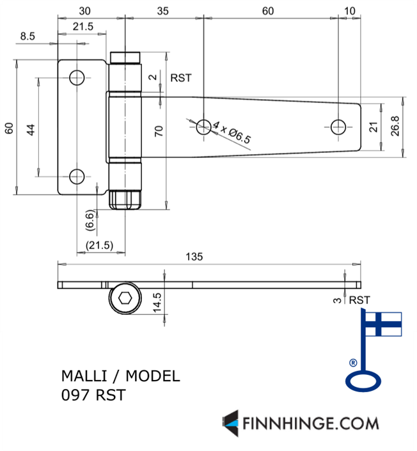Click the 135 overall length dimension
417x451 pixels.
(x=194, y=257)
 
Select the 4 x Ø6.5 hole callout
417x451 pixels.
(x=232, y=133)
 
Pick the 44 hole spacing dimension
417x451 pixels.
(x=30, y=129)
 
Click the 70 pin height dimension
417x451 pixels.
(x=159, y=131)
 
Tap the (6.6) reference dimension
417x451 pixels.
(x=90, y=221)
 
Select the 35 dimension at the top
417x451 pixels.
(x=162, y=11)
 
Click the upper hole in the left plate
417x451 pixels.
(x=77, y=79)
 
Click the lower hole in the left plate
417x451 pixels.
(x=77, y=176)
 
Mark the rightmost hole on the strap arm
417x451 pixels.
(x=339, y=126)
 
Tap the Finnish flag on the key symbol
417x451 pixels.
(x=384, y=324)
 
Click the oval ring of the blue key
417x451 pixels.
(x=363, y=382)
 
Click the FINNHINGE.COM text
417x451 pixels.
(x=310, y=423)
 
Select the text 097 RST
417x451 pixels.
(x=93, y=395)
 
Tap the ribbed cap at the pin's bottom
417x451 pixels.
(x=125, y=199)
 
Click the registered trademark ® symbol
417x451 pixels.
(x=353, y=362)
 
